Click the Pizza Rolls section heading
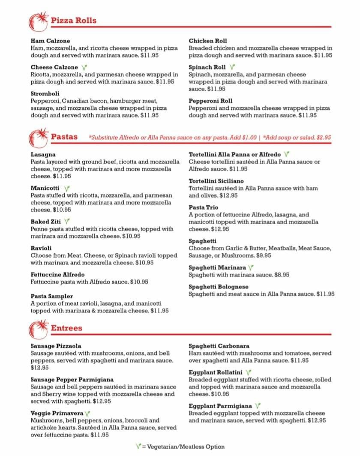click(x=73, y=21)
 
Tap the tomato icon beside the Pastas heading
click(x=38, y=138)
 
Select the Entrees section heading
click(x=66, y=328)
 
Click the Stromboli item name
click(x=45, y=93)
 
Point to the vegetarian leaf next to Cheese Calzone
click(x=84, y=67)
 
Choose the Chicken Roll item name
click(x=208, y=41)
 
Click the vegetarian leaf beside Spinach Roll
click(x=232, y=67)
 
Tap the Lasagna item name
click(x=43, y=154)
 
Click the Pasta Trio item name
click(x=203, y=207)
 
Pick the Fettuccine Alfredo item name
click(x=57, y=274)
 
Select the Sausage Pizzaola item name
click(x=56, y=346)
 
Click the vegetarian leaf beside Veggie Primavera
click(x=87, y=414)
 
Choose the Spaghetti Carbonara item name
click(x=219, y=346)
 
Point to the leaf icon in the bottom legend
click(x=138, y=447)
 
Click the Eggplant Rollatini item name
click(x=216, y=372)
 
